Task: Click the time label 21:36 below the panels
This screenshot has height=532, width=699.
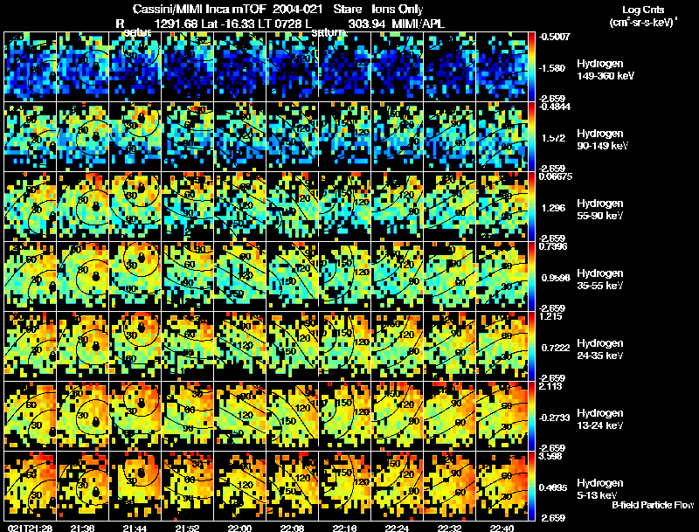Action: coord(84,528)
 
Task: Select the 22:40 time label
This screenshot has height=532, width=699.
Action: coord(502,528)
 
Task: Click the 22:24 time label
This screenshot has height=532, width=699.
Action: coord(397,528)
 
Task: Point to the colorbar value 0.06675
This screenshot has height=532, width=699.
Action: coord(556,176)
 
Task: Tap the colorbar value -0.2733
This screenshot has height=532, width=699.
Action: coord(556,418)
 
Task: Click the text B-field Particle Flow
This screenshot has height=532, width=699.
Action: coord(652,506)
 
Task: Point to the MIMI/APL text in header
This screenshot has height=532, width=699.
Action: coord(421,24)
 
